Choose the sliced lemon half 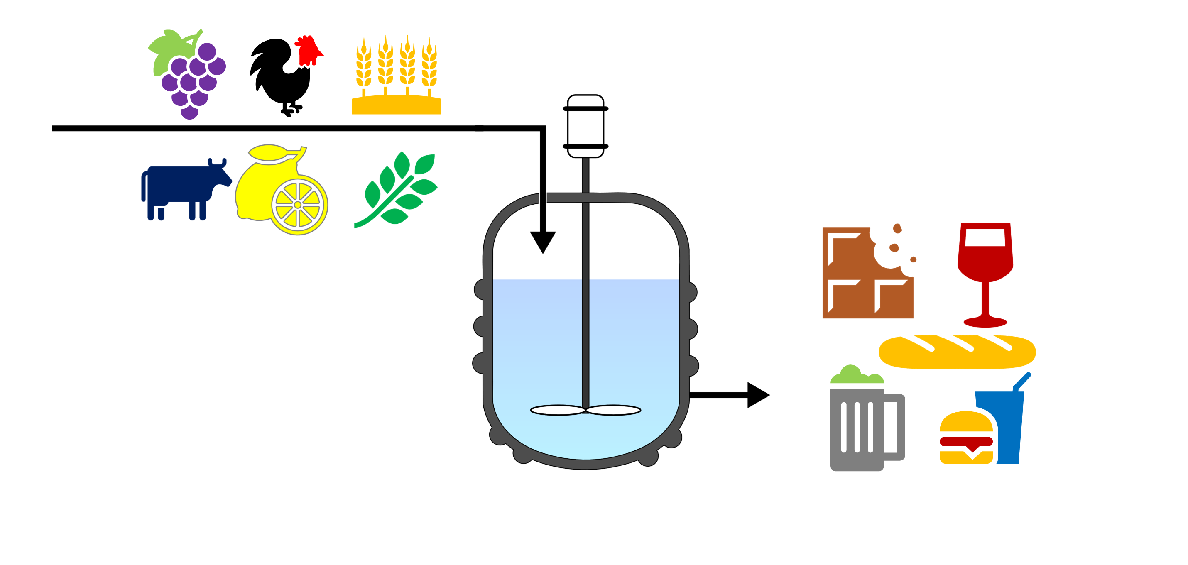coord(299,205)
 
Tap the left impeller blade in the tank coord(558,410)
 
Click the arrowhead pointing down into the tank coord(543,241)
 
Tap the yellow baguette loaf coord(957,352)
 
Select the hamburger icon coord(966,438)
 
